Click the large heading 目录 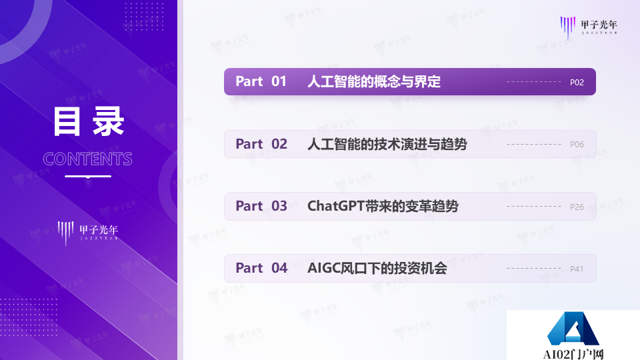pos(88,123)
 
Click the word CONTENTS pos(88,159)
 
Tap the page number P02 pos(577,83)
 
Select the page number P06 pos(577,145)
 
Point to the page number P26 pos(577,207)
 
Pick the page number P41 pos(577,269)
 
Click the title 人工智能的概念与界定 pos(374,82)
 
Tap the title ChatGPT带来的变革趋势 pos(383,206)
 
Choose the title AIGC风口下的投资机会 pos(377,268)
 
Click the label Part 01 pos(261,82)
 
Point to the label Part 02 pos(261,144)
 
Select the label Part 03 pos(261,206)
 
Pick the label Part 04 pos(261,268)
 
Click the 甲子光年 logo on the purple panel pos(88,233)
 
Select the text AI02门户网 pos(573,354)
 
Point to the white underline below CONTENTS pos(88,176)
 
